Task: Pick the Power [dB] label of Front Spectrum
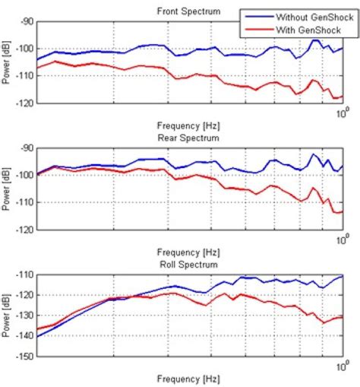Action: click(x=7, y=62)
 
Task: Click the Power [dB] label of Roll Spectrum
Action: click(x=7, y=314)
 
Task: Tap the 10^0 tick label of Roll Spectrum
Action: click(x=341, y=366)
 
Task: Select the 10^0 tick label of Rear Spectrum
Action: click(x=341, y=239)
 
